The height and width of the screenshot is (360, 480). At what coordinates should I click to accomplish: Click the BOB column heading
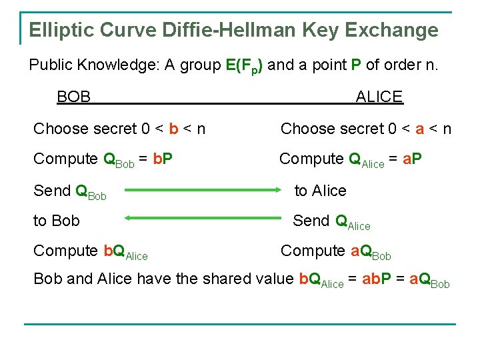[73, 97]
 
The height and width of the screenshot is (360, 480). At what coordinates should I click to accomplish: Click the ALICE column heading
[379, 97]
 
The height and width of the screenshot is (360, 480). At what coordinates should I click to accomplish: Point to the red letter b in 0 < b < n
[173, 129]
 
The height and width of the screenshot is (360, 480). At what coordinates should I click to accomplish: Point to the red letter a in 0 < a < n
[419, 129]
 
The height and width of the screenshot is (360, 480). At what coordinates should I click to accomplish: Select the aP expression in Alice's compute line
[413, 159]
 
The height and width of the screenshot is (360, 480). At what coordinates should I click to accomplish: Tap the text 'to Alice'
[320, 191]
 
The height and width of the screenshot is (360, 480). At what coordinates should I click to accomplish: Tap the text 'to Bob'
[56, 221]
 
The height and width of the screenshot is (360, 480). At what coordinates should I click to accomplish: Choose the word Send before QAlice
[311, 221]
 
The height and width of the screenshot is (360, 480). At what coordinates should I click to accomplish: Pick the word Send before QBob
[52, 191]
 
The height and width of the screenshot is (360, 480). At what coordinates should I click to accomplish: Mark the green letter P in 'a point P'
[356, 65]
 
